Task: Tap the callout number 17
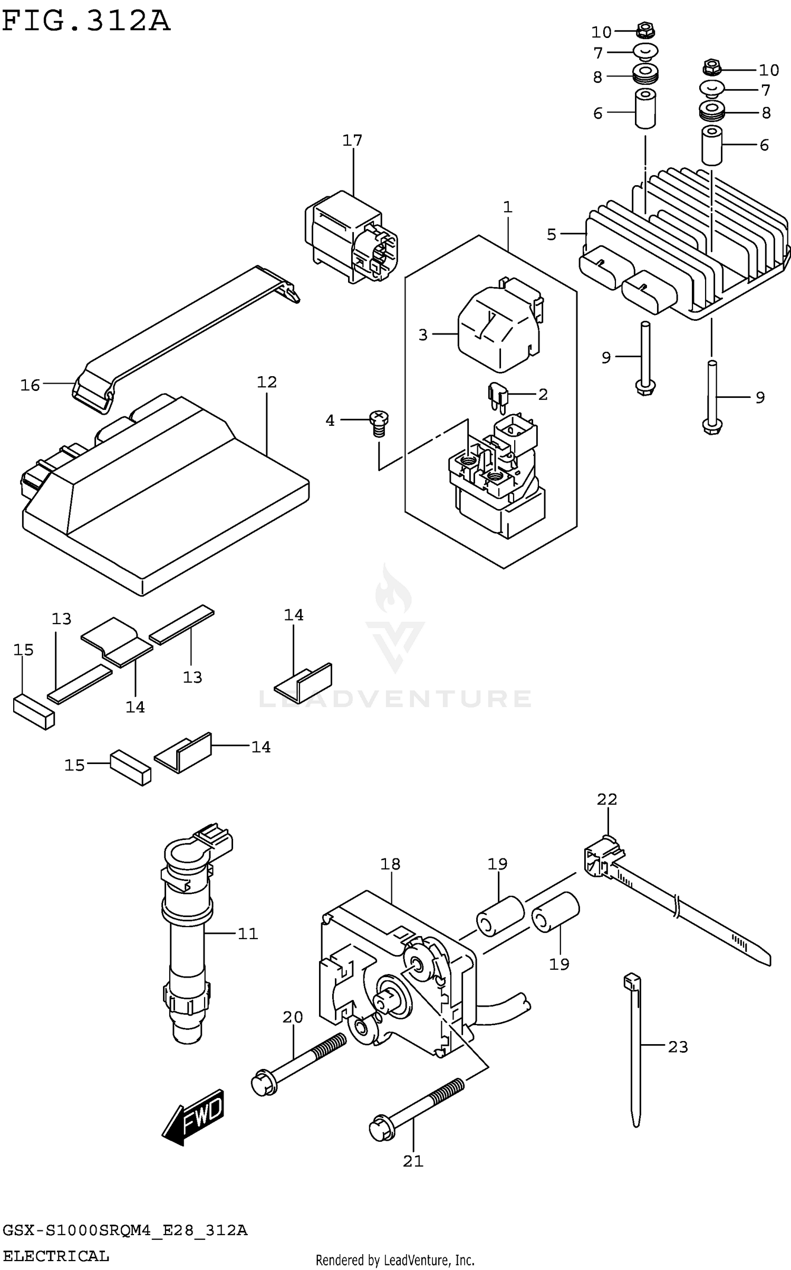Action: [352, 140]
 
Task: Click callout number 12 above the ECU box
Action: [267, 382]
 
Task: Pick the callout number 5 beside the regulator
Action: [552, 234]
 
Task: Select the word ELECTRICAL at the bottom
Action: [56, 1256]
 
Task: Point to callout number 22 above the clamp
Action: [607, 799]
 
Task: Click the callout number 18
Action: [390, 864]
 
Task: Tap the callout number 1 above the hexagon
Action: [507, 207]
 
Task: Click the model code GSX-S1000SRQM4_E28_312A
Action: [125, 1230]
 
